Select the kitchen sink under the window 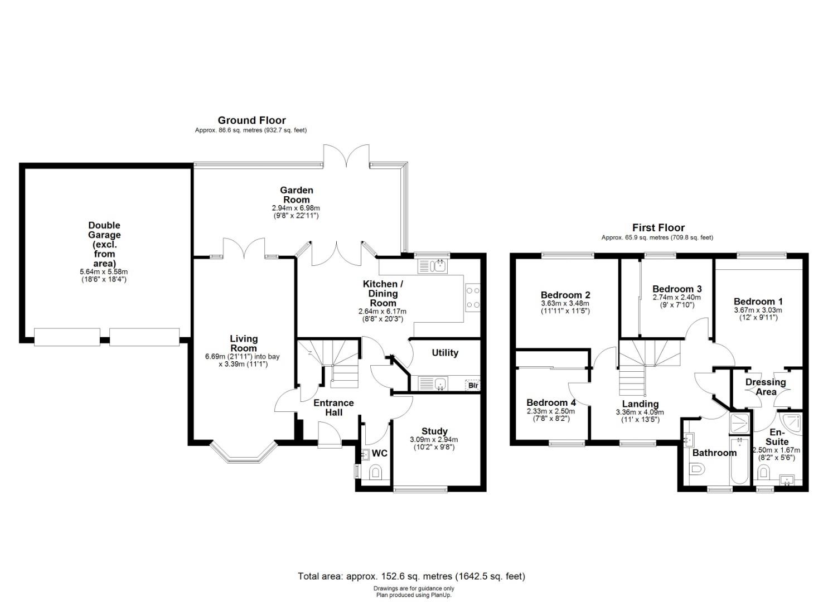433,266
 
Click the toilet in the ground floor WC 376,472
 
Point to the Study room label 434,431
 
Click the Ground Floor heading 251,120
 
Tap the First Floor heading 658,227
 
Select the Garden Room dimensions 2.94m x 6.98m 296,208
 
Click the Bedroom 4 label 551,402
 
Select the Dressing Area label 766,387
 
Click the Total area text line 411,576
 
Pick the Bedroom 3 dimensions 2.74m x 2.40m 676,298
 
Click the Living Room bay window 244,452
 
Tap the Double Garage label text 104,244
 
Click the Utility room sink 433,383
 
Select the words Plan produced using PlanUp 414,595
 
